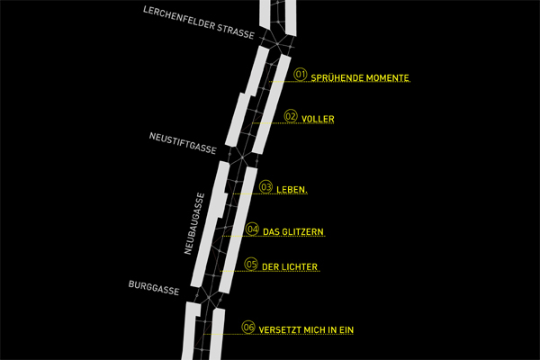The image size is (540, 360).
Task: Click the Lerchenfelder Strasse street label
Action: click(x=199, y=22)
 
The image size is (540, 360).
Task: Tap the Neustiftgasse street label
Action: click(x=183, y=143)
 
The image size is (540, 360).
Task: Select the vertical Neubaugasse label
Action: click(x=194, y=223)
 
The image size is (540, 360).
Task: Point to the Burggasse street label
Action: click(x=154, y=288)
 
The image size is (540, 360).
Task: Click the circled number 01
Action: click(x=301, y=75)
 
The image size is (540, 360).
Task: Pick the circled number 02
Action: click(x=291, y=116)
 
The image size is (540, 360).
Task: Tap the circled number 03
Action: click(x=265, y=187)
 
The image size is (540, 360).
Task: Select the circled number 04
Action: click(x=252, y=229)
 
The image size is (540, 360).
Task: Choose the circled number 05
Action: click(x=251, y=265)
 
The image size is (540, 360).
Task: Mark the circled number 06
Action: click(x=248, y=328)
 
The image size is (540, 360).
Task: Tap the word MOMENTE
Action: click(x=388, y=78)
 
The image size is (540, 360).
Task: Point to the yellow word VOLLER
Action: click(x=318, y=119)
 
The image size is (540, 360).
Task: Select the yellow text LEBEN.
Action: click(x=292, y=190)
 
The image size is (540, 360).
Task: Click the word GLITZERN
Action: click(x=304, y=232)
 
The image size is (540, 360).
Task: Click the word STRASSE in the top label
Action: click(x=236, y=32)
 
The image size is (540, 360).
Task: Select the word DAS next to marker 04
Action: click(x=271, y=232)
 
